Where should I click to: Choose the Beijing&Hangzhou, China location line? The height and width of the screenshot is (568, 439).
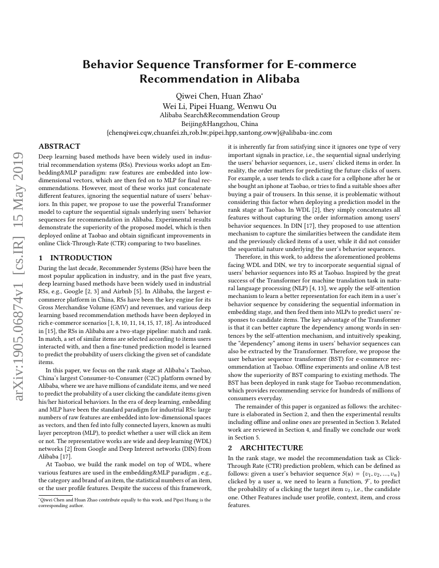click(219, 124)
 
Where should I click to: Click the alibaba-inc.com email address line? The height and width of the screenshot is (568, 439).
click(219, 133)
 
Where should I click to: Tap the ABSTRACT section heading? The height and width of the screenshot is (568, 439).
click(59, 147)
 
